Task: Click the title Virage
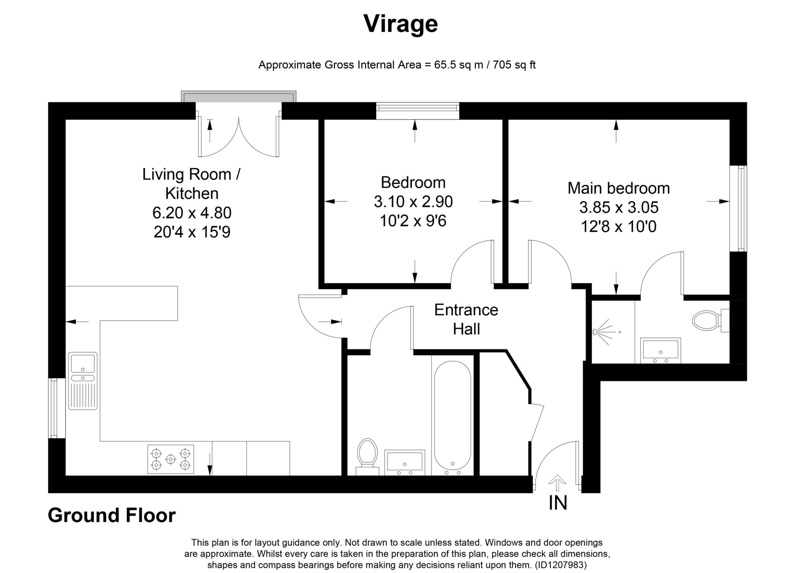click(x=400, y=24)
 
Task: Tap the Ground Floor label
click(x=112, y=515)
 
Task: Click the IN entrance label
click(x=558, y=503)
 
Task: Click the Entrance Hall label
click(x=466, y=319)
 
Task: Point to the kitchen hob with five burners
click(x=171, y=459)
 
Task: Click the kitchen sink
click(x=83, y=381)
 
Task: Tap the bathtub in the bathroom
click(x=452, y=418)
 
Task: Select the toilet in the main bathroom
click(x=368, y=456)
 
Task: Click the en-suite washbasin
click(x=661, y=350)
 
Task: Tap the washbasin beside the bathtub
click(x=404, y=462)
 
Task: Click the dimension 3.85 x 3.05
click(x=619, y=208)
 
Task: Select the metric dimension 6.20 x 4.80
click(x=192, y=213)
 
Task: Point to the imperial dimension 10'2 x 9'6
click(x=413, y=221)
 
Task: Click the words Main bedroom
click(x=619, y=188)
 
